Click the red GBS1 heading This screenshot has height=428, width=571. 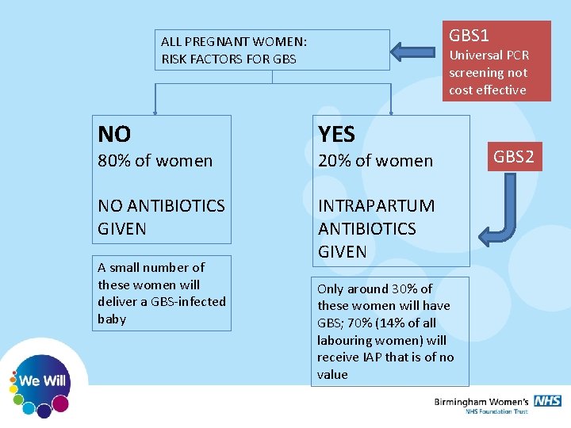[x=469, y=36]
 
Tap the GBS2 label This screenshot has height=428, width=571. [x=514, y=156]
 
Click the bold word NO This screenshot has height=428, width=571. [x=114, y=133]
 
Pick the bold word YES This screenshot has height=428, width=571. [x=336, y=133]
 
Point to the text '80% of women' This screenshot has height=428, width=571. [x=155, y=160]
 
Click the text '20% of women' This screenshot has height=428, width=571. [x=375, y=160]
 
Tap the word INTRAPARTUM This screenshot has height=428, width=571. [x=376, y=205]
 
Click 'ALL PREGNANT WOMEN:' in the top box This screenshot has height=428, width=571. [x=234, y=41]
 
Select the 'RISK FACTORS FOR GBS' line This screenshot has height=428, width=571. [x=228, y=59]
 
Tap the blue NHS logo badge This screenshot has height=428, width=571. [x=547, y=401]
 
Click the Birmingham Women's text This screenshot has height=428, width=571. [x=481, y=402]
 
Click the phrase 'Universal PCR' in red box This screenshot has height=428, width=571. [x=489, y=55]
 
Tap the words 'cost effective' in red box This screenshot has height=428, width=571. [x=487, y=90]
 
